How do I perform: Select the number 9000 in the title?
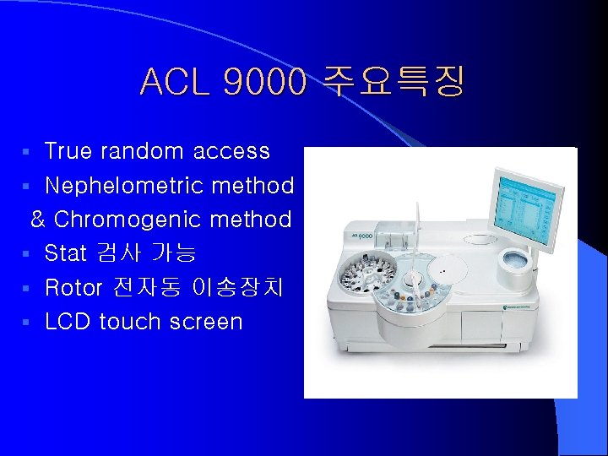click(x=261, y=83)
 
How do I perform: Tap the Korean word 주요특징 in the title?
click(x=391, y=83)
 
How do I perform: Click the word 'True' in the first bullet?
click(x=69, y=151)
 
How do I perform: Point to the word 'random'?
click(x=143, y=151)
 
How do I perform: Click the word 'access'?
click(x=231, y=152)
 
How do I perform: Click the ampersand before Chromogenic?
click(x=38, y=220)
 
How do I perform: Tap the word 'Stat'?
click(x=66, y=253)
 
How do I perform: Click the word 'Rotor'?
click(x=73, y=288)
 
